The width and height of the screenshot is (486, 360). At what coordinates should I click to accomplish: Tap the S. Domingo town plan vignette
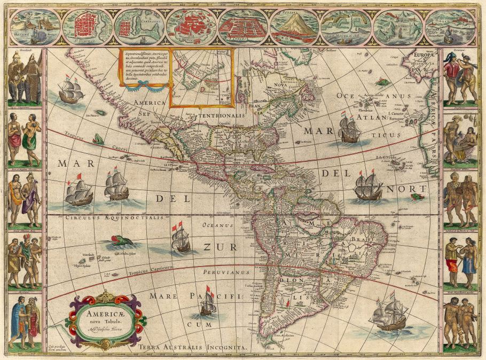pos(87,27)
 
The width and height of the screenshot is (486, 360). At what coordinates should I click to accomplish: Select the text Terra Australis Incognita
pos(192,347)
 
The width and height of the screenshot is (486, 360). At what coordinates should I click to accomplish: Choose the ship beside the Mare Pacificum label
pos(207,302)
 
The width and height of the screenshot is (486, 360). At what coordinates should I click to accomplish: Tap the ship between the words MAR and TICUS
pos(350,129)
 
